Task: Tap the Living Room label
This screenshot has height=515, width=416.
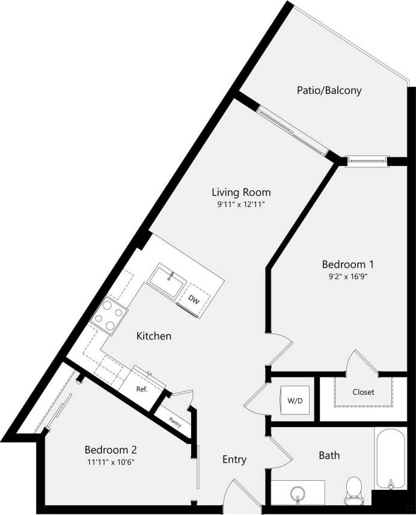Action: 240,193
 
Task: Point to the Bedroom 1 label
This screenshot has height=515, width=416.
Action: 348,264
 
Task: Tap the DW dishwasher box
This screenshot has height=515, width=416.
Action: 194,300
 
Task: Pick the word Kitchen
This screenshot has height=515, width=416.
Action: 153,336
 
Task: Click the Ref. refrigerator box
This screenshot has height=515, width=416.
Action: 142,389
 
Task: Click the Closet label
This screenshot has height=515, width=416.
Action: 363,392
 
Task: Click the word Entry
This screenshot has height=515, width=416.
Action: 234,460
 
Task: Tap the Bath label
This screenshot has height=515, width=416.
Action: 329,455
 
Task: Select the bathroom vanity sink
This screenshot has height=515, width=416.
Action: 297,493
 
